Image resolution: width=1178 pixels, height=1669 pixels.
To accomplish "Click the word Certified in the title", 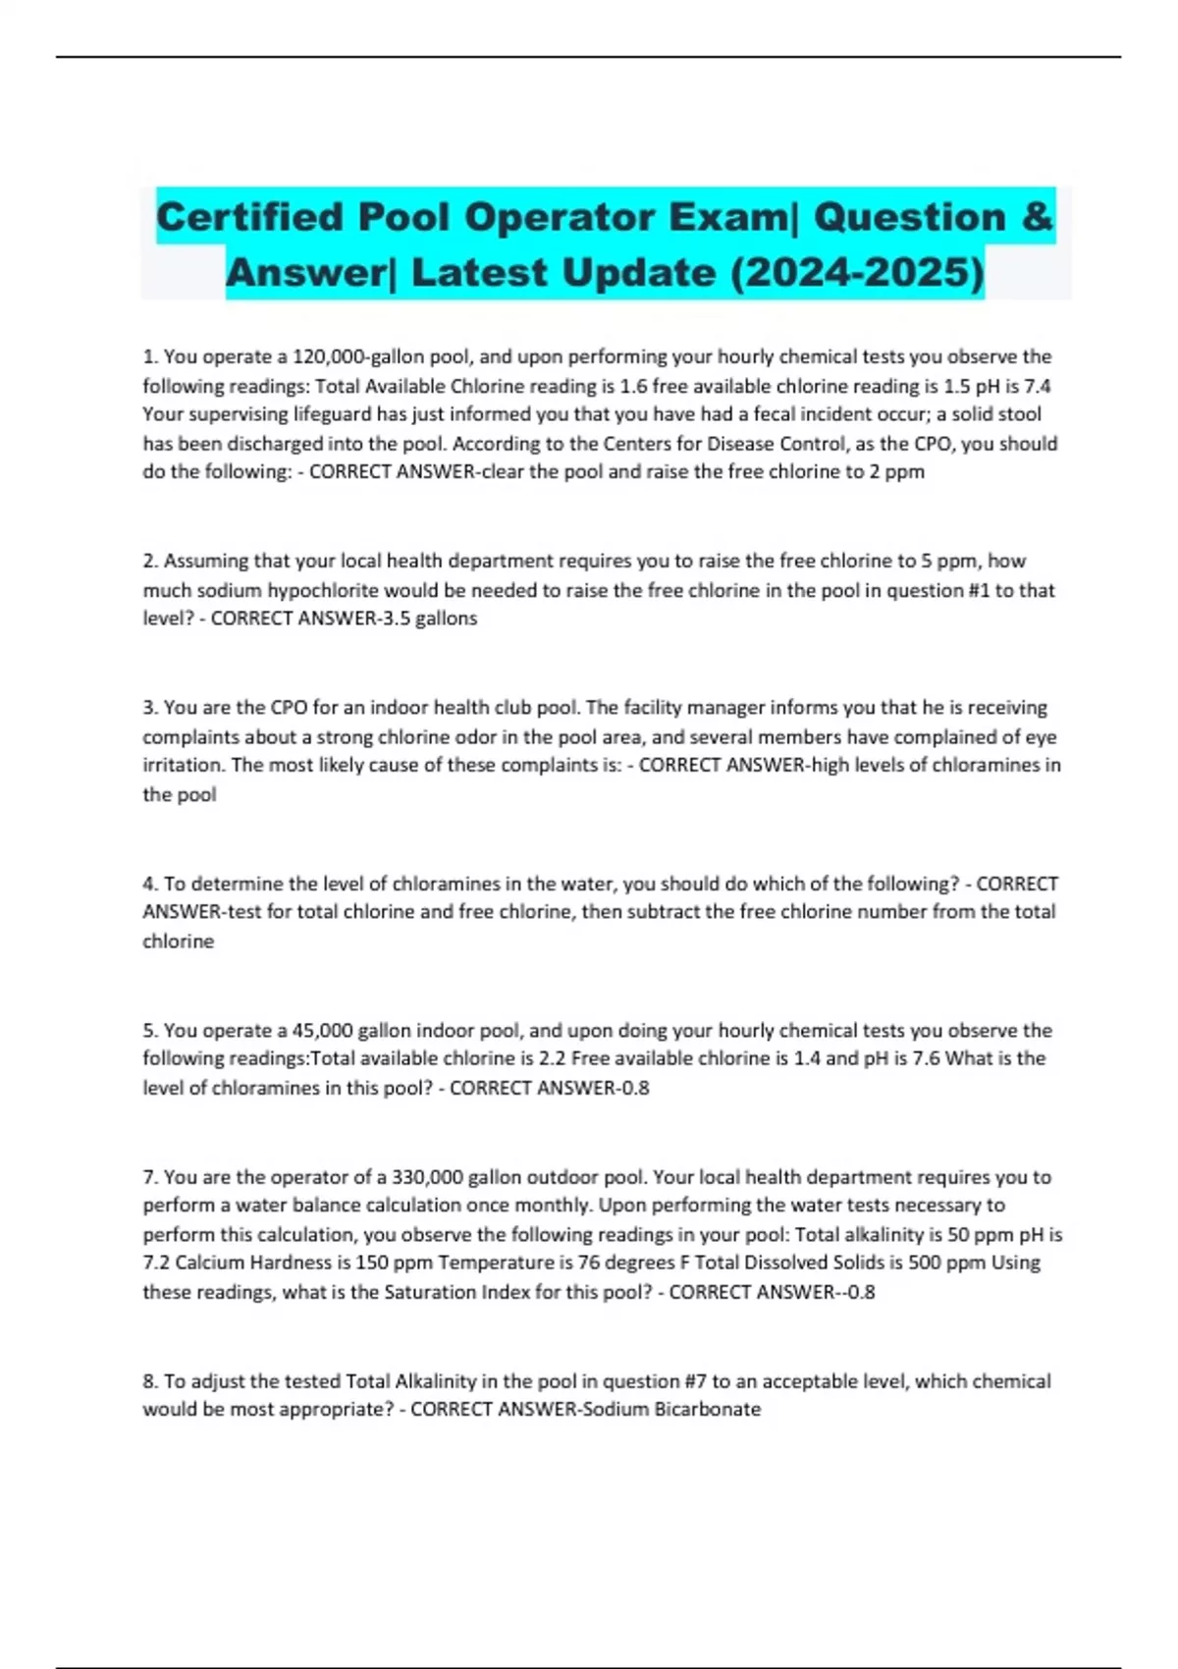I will coord(249,217).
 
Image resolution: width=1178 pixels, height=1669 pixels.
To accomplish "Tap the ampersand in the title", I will coord(1037,217).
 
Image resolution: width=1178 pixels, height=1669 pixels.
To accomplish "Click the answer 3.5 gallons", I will coord(433,619).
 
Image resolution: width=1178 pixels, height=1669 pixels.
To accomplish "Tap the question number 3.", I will coord(150,708).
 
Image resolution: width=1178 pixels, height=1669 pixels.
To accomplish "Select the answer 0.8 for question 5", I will coord(635,1088).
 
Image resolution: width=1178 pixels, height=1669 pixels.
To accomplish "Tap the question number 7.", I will coord(150,1177).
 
